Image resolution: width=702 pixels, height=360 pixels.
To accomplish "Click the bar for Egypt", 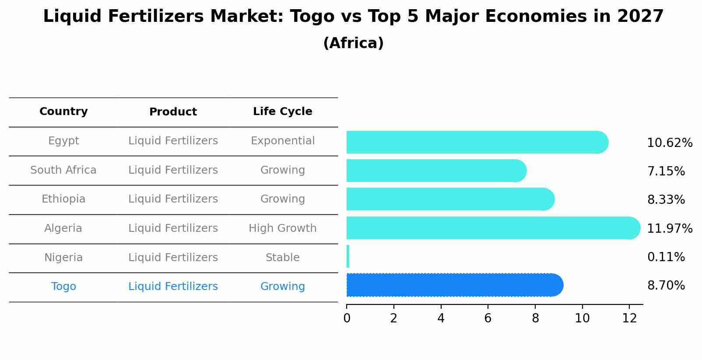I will tap(477, 142).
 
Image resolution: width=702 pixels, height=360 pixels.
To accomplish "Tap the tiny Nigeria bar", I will tap(348, 256).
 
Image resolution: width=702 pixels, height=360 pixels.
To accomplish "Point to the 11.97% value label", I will tap(669, 229).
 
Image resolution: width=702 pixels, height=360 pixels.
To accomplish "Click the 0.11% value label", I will tap(666, 257).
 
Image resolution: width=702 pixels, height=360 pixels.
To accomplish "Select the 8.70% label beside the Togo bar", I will tap(666, 286).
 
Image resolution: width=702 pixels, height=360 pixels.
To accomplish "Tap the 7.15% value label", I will tap(666, 171).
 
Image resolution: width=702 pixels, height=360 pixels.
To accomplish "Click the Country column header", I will tap(63, 112).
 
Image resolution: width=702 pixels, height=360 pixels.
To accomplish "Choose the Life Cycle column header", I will tap(282, 112).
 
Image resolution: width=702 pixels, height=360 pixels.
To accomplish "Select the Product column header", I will tap(173, 112).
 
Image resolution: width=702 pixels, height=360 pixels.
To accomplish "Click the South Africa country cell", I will tap(63, 170).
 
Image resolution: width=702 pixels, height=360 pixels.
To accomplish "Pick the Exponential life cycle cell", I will tap(282, 141).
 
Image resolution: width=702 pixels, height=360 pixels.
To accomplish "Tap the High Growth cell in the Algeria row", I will tap(282, 228).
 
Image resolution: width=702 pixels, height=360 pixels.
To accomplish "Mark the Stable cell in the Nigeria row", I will tap(282, 258).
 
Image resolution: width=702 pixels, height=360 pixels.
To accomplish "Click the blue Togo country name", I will tap(63, 287).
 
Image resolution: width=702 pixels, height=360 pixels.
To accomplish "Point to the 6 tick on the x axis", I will tap(488, 318).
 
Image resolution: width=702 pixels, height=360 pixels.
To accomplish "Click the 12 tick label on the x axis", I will tap(629, 318).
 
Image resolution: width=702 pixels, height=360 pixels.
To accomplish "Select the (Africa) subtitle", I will tap(353, 43).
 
